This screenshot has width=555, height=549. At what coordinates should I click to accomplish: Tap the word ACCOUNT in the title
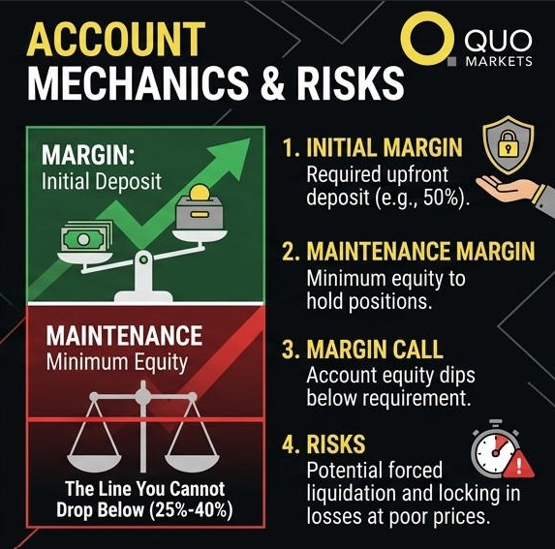(x=116, y=40)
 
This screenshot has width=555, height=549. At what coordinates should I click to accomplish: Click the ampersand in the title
(x=272, y=82)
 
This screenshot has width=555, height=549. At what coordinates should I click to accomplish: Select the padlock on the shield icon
(x=509, y=143)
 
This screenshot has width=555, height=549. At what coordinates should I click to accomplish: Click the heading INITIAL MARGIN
(x=385, y=147)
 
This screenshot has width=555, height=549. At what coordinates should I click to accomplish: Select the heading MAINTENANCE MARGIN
(x=420, y=251)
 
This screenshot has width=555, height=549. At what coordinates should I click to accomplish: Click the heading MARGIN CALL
(x=375, y=350)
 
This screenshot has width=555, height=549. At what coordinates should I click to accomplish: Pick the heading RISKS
(x=336, y=443)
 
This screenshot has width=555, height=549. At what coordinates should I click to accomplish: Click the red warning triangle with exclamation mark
(x=518, y=464)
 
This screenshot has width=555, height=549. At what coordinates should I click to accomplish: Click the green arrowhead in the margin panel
(x=231, y=153)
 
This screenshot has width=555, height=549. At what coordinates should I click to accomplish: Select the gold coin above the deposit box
(x=200, y=193)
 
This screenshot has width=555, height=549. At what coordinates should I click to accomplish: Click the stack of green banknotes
(x=85, y=237)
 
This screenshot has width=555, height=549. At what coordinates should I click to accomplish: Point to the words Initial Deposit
(x=102, y=182)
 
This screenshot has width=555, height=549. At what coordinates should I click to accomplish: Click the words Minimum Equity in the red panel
(x=117, y=362)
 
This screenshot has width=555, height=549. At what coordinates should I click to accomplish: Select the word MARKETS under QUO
(x=499, y=62)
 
